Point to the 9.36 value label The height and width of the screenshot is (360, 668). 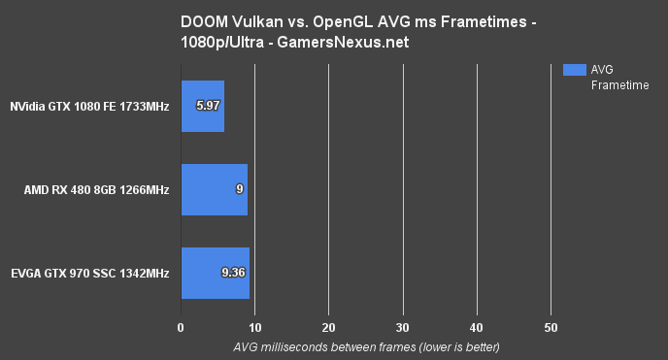click(x=233, y=273)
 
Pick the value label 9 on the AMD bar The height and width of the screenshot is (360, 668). click(x=239, y=189)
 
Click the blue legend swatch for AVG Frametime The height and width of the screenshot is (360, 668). click(x=575, y=70)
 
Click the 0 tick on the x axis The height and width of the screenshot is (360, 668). click(x=181, y=327)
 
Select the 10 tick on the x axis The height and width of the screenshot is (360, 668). click(x=255, y=327)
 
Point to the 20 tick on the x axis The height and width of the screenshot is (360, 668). click(x=329, y=327)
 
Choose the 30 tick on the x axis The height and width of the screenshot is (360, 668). click(x=403, y=327)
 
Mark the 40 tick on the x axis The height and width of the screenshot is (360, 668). click(x=477, y=327)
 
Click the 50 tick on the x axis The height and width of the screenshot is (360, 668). click(x=551, y=327)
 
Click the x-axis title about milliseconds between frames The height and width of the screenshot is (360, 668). click(x=366, y=346)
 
